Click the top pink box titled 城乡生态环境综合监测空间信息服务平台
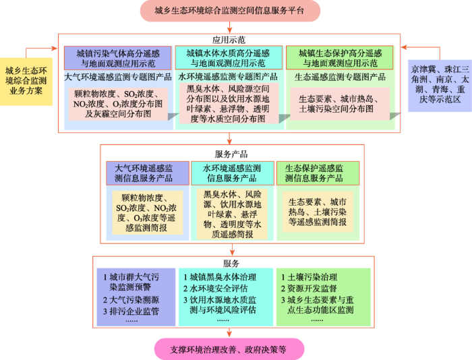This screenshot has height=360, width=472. click(230, 11)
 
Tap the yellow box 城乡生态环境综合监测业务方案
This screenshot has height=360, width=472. click(26, 82)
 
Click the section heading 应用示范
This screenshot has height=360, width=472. click(229, 40)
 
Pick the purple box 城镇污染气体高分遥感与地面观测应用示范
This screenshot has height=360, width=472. click(118, 58)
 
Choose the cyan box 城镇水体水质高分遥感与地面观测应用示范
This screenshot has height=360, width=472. click(229, 58)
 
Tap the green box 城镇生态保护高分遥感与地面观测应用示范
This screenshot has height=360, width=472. click(340, 58)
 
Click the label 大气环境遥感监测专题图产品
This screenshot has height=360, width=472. click(118, 77)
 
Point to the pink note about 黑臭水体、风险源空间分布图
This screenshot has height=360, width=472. click(229, 104)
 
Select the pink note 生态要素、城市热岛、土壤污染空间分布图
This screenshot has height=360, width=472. click(340, 104)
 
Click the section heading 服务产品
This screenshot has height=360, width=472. click(231, 154)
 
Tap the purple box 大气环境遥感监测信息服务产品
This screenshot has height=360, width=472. click(148, 173)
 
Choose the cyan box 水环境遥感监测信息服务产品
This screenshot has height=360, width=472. click(233, 173)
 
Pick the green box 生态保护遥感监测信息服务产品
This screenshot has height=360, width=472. click(318, 173)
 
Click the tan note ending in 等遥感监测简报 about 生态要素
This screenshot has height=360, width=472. click(318, 212)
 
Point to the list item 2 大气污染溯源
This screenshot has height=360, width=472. click(131, 300)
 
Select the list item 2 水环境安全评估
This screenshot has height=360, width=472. click(216, 289)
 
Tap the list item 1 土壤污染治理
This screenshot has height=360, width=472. click(309, 277)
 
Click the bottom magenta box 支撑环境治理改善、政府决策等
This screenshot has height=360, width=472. click(229, 349)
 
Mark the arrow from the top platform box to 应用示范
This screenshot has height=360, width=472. click(229, 28)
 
